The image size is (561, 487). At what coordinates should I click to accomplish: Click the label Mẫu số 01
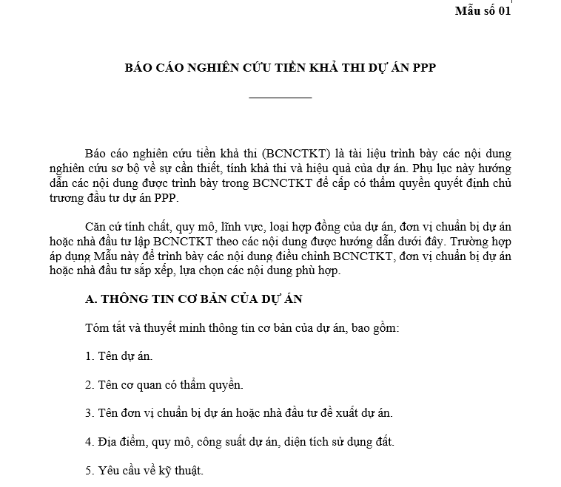482,10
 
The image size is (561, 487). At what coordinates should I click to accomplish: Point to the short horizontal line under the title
280,98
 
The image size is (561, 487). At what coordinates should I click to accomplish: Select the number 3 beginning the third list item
88,414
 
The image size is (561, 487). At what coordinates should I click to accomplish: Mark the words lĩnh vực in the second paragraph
221,227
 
